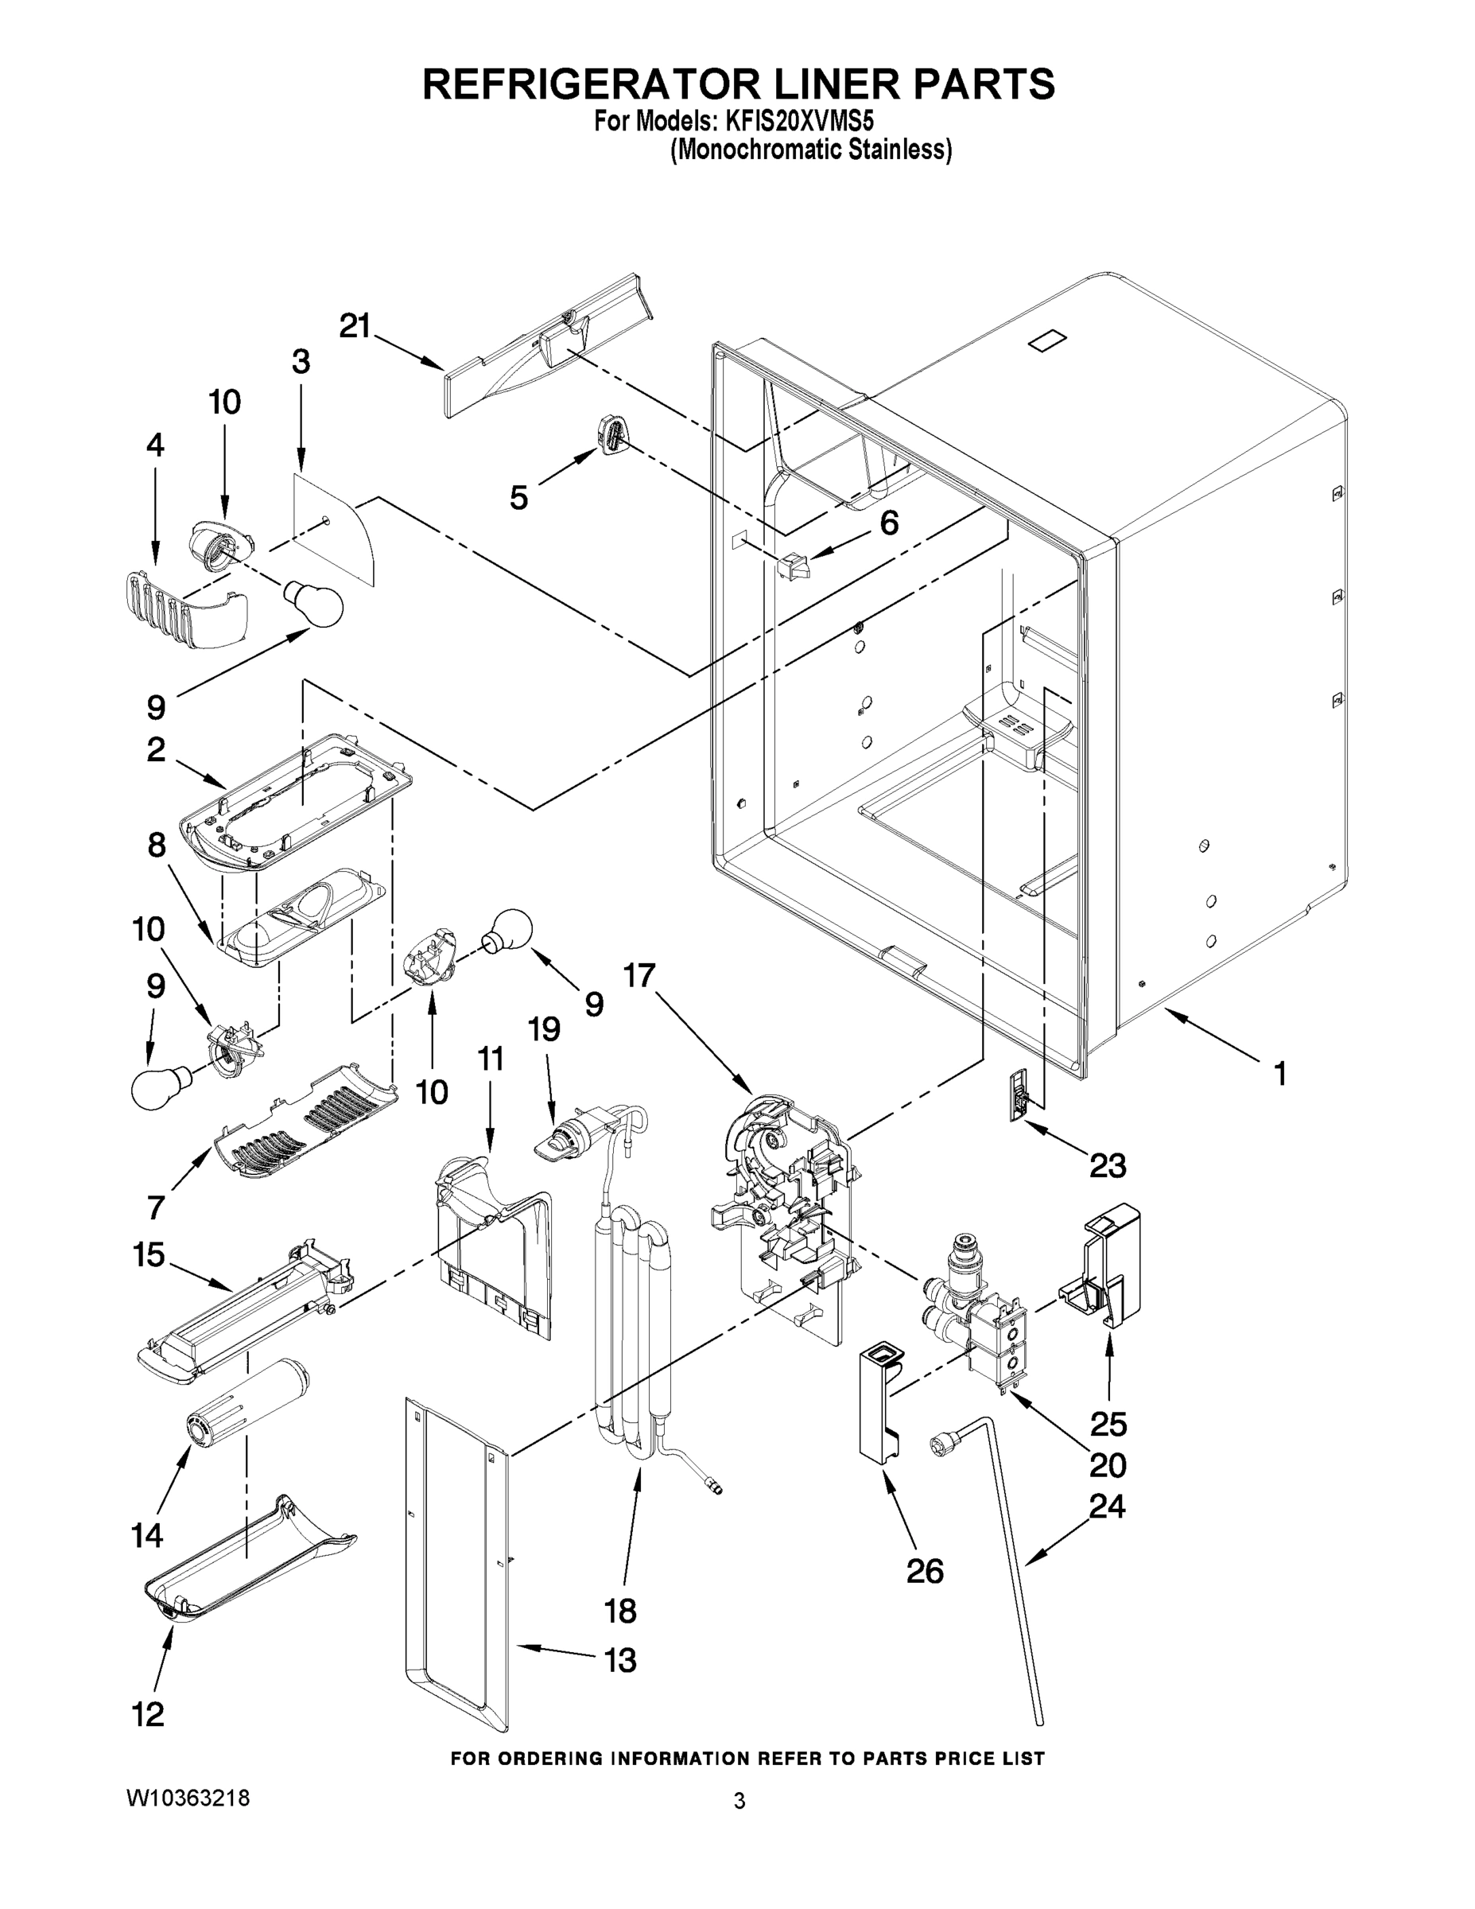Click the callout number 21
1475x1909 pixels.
pyautogui.click(x=355, y=326)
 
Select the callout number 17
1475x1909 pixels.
pyautogui.click(x=639, y=974)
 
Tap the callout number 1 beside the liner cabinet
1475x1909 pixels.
pyautogui.click(x=1280, y=1073)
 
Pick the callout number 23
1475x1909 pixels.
pyautogui.click(x=1107, y=1165)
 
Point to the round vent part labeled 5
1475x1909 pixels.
pyautogui.click(x=612, y=434)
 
